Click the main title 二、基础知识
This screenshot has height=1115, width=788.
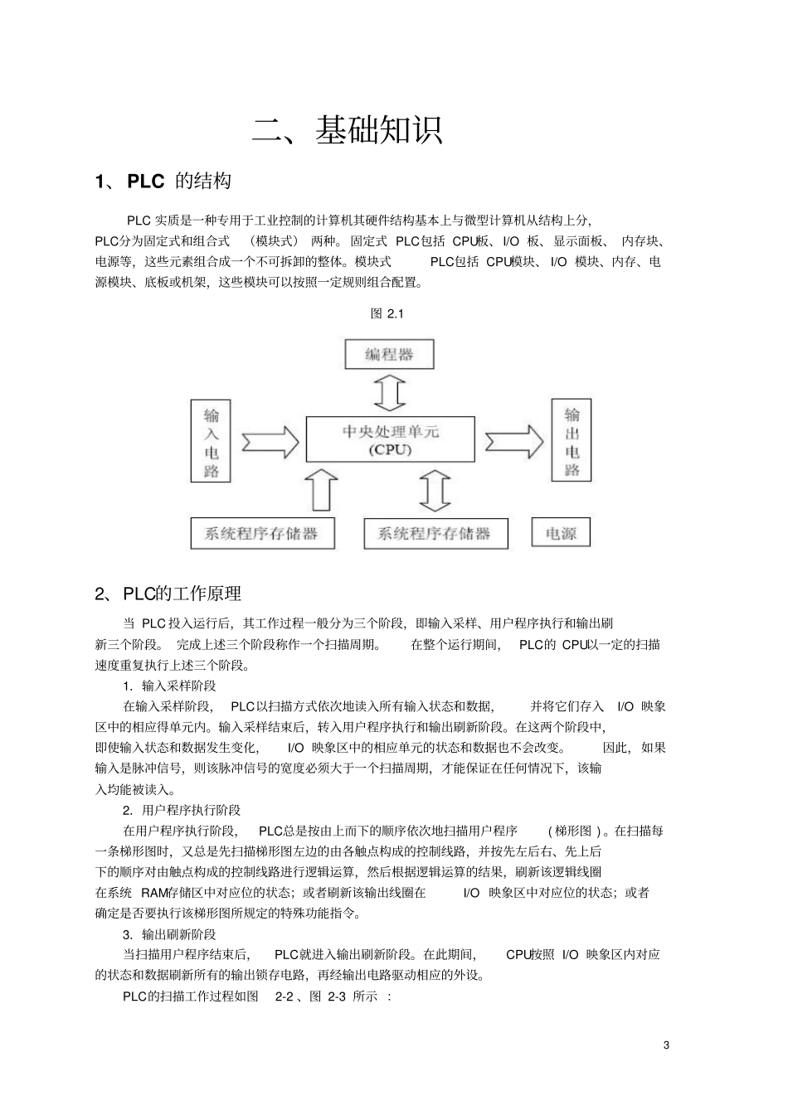pos(348,130)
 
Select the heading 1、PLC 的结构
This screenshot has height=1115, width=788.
pos(163,182)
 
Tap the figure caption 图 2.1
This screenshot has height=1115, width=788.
pos(387,313)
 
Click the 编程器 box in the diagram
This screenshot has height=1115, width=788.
pos(389,355)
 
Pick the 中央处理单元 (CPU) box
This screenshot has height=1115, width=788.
pos(390,439)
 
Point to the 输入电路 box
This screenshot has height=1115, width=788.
pos(211,442)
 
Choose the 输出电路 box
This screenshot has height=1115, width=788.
pos(572,440)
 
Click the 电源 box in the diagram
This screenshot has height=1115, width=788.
pos(561,534)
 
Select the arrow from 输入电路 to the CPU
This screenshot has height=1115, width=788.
pos(269,441)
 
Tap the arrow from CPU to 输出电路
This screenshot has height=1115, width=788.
pos(514,440)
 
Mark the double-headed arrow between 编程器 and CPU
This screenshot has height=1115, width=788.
pos(390,393)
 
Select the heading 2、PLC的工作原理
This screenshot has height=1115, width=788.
pos(168,594)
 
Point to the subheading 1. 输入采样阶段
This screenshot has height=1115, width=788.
pos(169,686)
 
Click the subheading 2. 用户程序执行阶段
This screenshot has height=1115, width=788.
pos(182,810)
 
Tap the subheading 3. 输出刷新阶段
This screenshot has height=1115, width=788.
pos(169,934)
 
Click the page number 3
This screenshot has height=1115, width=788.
pos(666,1045)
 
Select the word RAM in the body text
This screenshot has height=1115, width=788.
pos(153,893)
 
